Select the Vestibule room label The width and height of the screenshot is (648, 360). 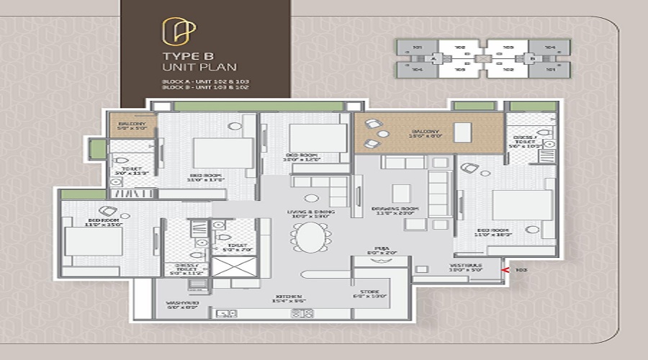(x=466, y=268)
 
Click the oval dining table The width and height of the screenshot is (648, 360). (x=310, y=237)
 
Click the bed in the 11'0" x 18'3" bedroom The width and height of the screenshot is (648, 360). (x=522, y=205)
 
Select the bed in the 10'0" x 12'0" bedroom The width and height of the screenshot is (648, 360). (x=318, y=138)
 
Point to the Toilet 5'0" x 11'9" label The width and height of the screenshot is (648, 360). (x=132, y=172)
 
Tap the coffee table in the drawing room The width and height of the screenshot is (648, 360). (x=401, y=193)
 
